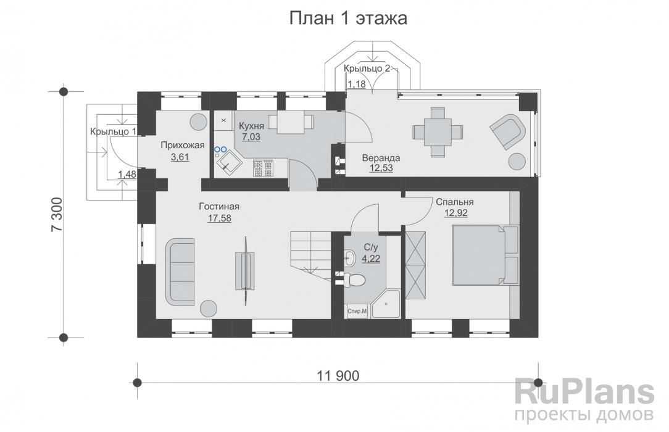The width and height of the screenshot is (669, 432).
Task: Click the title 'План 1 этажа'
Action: point(348,19)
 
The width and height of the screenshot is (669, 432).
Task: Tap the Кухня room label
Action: point(250,125)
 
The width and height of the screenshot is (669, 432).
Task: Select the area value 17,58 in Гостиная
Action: point(219,217)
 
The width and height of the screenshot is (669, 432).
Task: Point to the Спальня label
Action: point(454,202)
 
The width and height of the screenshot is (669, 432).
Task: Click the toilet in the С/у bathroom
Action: point(356,280)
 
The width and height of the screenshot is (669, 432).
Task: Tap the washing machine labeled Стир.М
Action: point(356,312)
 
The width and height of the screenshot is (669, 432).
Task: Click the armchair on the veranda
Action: point(509,130)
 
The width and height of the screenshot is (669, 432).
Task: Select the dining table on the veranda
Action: point(437,131)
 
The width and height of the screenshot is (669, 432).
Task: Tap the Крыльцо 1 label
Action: point(113,131)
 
